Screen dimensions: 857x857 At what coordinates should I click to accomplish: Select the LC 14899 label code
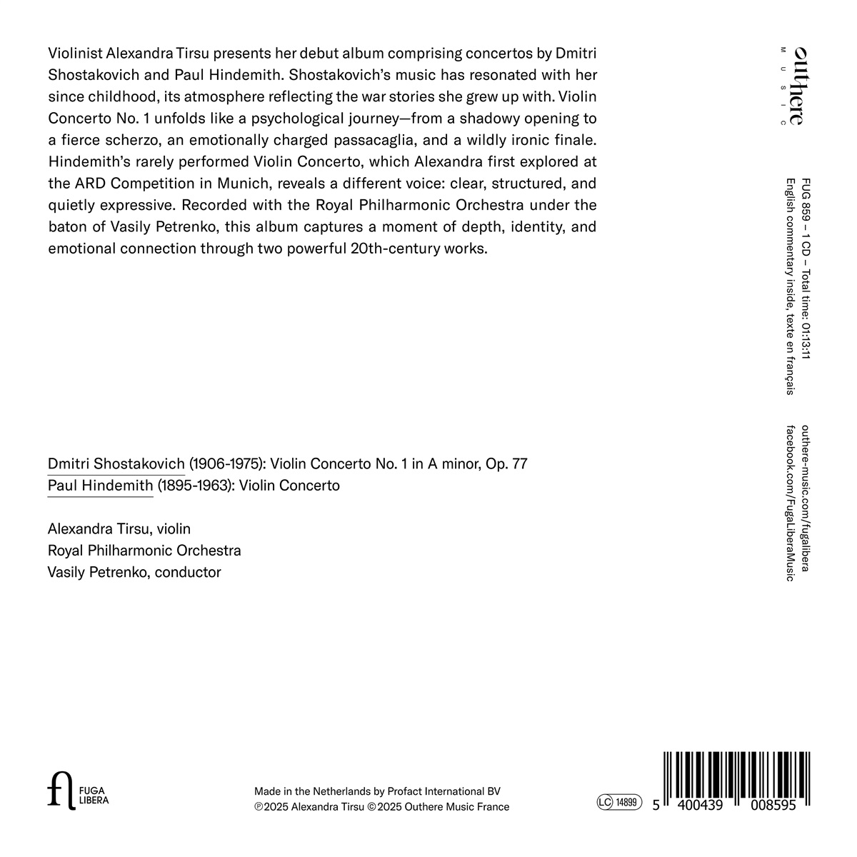tap(619, 803)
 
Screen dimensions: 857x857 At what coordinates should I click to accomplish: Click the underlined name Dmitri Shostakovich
tap(116, 464)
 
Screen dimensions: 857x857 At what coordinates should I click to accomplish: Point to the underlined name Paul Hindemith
tap(100, 486)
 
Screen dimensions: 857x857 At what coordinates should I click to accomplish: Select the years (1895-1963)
tap(194, 486)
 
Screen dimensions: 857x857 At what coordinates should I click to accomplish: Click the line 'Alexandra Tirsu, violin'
tap(119, 529)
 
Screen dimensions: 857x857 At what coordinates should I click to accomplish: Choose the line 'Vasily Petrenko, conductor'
tap(134, 573)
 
